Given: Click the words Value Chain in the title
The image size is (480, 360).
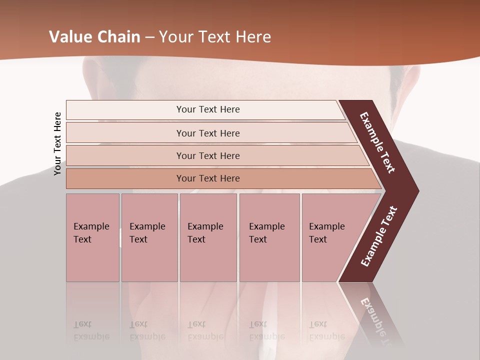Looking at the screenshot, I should tap(94, 37).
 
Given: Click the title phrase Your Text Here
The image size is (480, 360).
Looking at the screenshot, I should tap(215, 37).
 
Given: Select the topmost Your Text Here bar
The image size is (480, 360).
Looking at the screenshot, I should tap(207, 109).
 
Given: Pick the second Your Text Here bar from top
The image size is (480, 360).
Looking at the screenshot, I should tap(207, 133).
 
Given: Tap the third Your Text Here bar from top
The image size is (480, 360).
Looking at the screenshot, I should tap(207, 155).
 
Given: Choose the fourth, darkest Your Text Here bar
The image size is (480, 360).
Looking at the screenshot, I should tap(207, 178).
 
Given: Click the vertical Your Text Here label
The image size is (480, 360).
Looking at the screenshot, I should tap(58, 144).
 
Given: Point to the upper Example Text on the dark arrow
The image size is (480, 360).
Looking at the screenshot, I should tap(377, 142).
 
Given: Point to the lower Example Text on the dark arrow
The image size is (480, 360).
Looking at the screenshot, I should tap(379, 236).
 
